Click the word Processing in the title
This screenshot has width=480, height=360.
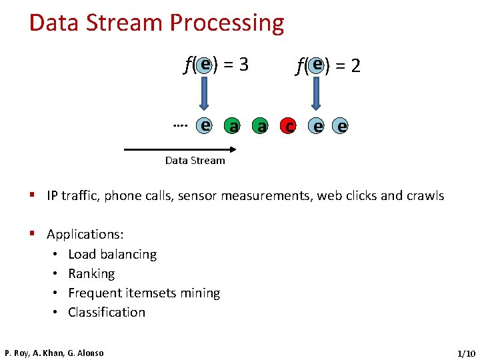tap(227, 23)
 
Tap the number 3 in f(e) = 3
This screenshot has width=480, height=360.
tap(243, 65)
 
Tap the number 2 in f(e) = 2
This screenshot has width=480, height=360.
tap(355, 65)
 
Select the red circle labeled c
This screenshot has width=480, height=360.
tap(289, 125)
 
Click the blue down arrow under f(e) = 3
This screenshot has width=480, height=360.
tap(205, 93)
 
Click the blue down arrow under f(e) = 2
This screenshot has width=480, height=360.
tap(317, 93)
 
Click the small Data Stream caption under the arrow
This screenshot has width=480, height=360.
tap(195, 161)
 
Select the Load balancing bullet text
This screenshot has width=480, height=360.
tap(112, 255)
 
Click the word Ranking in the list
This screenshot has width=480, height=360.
tap(91, 274)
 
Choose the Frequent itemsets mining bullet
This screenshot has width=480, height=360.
tap(144, 293)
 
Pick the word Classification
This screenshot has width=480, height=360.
tap(107, 313)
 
